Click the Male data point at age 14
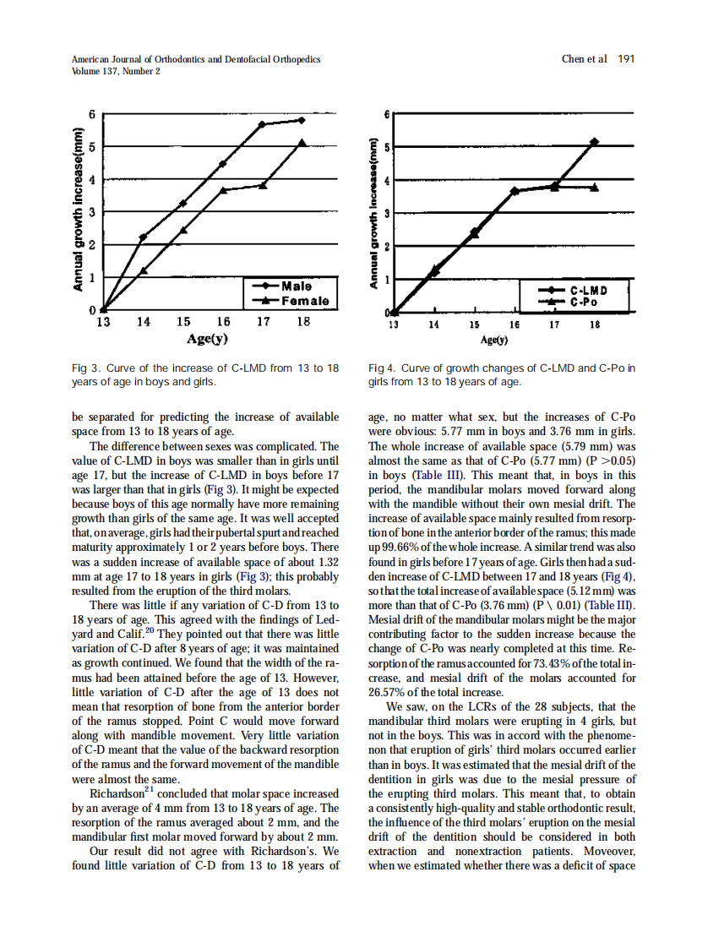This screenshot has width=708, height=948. coord(143,237)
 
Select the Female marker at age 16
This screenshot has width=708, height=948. coord(223,190)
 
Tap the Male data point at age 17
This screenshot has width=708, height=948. coord(262,124)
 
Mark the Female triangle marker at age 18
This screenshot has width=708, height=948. coord(302,142)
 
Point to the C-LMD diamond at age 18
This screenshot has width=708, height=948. coord(595,142)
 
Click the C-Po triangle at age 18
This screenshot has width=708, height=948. coord(595,188)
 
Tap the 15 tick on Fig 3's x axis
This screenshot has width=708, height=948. coord(183,322)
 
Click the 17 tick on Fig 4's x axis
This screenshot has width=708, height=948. coord(554,324)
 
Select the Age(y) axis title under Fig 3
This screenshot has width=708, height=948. coord(208,340)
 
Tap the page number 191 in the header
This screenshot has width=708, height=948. coord(626,59)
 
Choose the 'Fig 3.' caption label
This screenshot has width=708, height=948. coord(85,368)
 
